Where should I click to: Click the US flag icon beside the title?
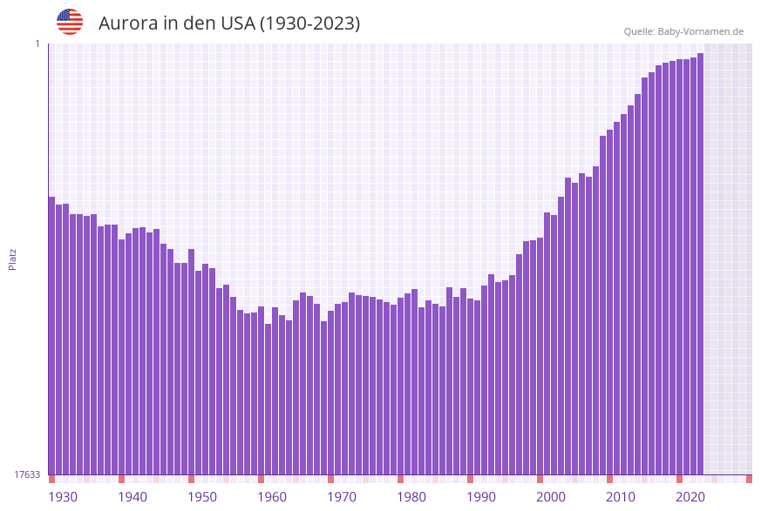coord(70,22)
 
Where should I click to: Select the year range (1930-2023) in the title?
coord(310,24)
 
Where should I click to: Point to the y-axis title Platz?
coord(13,259)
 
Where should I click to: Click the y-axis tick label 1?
coord(37,44)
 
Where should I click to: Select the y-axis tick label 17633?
coord(27,474)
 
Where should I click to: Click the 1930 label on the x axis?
coord(63,497)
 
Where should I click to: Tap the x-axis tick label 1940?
coord(132,497)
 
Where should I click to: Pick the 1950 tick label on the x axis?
coord(202,497)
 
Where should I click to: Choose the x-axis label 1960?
coord(272,497)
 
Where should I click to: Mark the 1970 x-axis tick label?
coord(342,497)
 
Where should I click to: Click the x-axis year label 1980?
coord(411,497)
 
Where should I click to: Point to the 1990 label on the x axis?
coord(481,497)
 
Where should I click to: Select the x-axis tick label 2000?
coord(551,497)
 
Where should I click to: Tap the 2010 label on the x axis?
coord(621,497)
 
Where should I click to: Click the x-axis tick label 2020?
coord(690,497)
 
